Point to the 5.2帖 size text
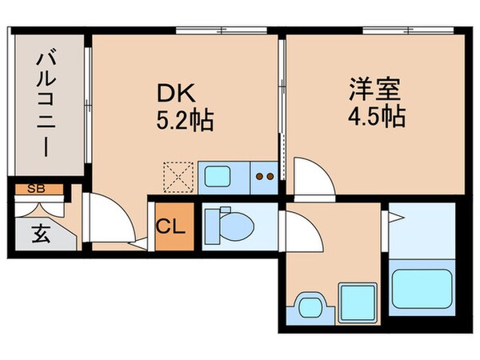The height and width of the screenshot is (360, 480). click(x=184, y=122)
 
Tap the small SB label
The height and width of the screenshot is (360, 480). click(x=36, y=190)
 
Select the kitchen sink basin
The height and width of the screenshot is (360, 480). click(x=216, y=175)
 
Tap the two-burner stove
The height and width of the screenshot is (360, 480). click(x=263, y=175)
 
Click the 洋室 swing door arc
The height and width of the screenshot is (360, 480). click(x=314, y=178)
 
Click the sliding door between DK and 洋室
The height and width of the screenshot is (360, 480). click(x=282, y=96)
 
